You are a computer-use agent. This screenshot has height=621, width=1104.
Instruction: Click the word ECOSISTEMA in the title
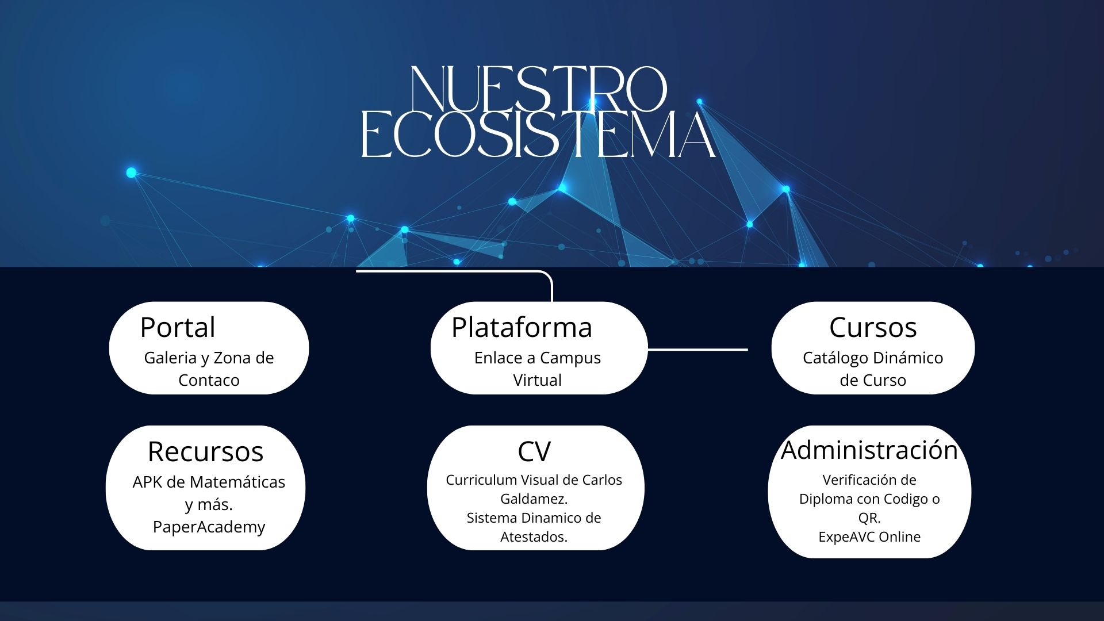(538, 135)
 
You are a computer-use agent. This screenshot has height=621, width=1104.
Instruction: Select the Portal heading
(178, 327)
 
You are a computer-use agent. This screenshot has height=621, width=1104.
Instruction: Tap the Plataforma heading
(522, 327)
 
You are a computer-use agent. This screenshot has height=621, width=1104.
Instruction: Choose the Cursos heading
(872, 327)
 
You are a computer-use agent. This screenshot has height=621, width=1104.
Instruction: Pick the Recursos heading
(205, 451)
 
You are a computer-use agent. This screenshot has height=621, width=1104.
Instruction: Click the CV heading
(534, 451)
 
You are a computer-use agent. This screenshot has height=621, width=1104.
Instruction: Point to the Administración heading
(869, 450)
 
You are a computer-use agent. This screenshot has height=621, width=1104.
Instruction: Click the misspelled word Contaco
(209, 380)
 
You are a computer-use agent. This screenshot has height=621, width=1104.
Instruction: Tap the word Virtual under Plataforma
(537, 380)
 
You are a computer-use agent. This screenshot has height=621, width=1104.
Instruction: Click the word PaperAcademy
(209, 527)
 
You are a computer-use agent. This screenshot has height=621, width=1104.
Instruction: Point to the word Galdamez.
(534, 499)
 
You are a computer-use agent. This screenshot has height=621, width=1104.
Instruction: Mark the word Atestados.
(534, 536)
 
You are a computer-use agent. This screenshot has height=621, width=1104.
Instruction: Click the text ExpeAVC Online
(869, 536)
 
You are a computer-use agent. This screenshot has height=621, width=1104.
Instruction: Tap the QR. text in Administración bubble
(869, 517)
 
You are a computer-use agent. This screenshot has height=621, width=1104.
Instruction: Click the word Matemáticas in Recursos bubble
(237, 482)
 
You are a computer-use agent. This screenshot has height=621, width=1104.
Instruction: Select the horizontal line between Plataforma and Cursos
(697, 349)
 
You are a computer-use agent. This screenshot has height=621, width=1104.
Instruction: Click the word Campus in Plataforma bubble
(569, 358)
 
